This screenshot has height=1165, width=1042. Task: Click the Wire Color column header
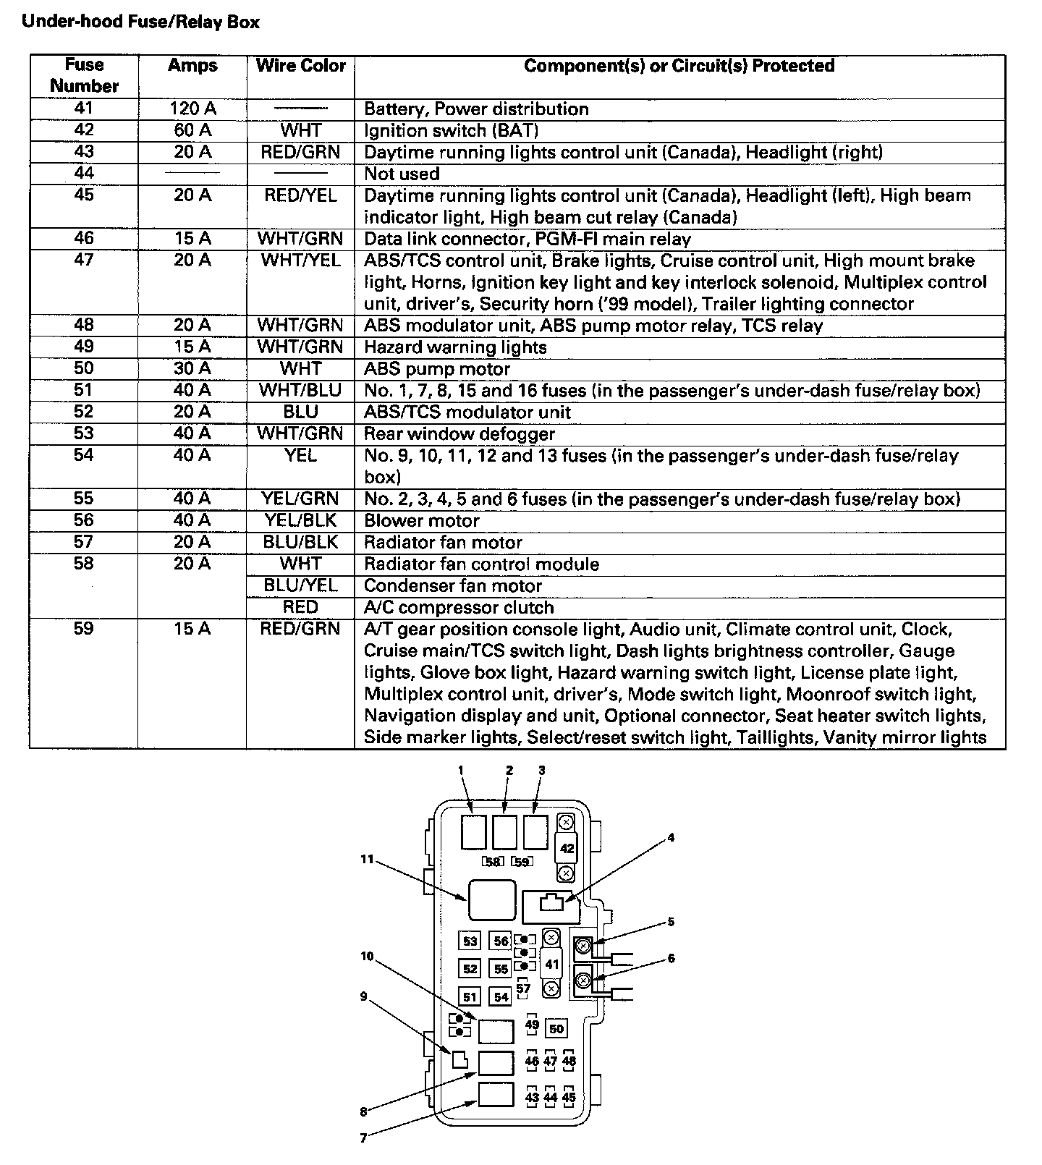pos(300,66)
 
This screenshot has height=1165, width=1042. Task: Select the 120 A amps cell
pos(192,109)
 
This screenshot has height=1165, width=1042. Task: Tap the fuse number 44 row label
pos(84,174)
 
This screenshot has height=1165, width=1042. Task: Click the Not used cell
pos(402,174)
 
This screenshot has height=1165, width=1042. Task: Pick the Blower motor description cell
pos(422,521)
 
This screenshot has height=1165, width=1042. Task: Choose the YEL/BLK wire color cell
pos(300,521)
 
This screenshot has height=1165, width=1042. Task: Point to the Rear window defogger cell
pos(459,434)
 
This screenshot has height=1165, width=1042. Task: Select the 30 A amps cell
pos(192,369)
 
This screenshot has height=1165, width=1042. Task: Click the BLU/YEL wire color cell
pos(300,585)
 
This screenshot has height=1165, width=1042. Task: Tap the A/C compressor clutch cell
pos(459,608)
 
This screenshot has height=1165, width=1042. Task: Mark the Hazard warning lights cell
pos(455,347)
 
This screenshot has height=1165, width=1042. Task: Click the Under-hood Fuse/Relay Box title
pos(140,22)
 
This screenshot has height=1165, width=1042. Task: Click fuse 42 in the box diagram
pos(567,848)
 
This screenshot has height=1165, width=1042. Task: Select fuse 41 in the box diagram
pos(551,964)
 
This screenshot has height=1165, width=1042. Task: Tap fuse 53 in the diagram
pos(470,941)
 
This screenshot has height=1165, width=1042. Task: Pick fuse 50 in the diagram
pos(556,1028)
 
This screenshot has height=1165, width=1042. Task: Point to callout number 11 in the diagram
pos(367,859)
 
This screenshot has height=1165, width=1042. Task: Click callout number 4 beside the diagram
pos(671,838)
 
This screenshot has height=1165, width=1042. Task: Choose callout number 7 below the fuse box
pos(363,1138)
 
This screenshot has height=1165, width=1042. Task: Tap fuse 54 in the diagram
pos(501,997)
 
